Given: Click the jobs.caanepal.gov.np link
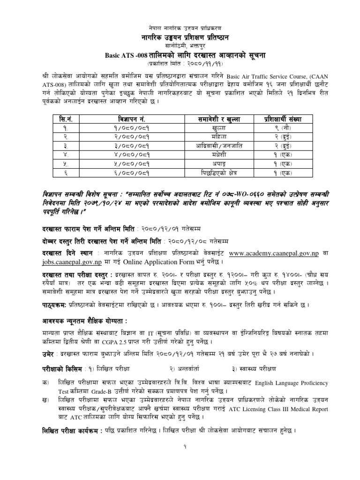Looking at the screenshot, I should (75, 262).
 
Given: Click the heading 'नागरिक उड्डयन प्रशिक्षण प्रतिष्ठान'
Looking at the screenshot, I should (180, 37).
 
